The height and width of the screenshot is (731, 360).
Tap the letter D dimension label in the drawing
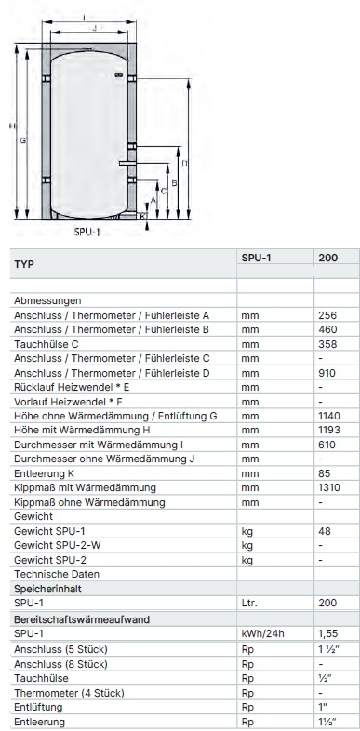pos(184,164)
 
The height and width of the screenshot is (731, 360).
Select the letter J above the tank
pos(94,29)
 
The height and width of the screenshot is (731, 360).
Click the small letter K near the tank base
pos(142,216)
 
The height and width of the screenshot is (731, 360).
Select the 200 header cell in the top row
pos(328,258)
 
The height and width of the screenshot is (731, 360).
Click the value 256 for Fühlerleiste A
pos(327,315)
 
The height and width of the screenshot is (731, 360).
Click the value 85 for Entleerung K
pos(324,473)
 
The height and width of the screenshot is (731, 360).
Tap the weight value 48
pos(324,531)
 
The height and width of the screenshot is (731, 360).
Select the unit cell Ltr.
pos(249,603)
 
